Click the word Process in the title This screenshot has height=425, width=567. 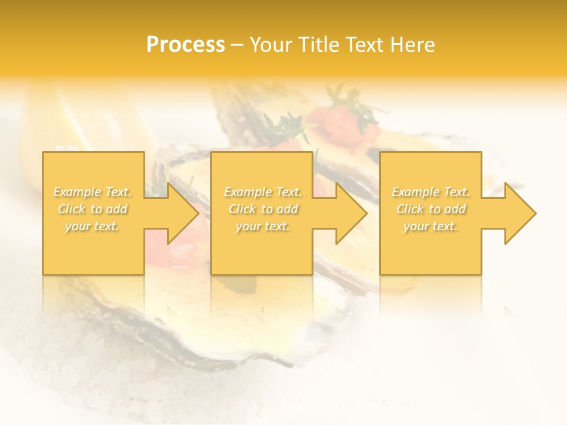tap(185, 45)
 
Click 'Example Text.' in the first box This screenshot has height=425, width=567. tap(93, 192)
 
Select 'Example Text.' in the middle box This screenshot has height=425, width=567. tap(263, 192)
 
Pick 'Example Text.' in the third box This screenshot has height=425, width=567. tap(431, 192)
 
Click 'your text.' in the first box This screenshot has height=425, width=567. tap(93, 226)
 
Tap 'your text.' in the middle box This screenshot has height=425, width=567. tap(263, 226)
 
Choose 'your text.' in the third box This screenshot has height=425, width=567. tap(431, 226)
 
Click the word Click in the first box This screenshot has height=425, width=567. tap(71, 209)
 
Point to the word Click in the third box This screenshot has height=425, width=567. tap(410, 209)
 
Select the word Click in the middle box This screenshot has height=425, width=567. tap(242, 209)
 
